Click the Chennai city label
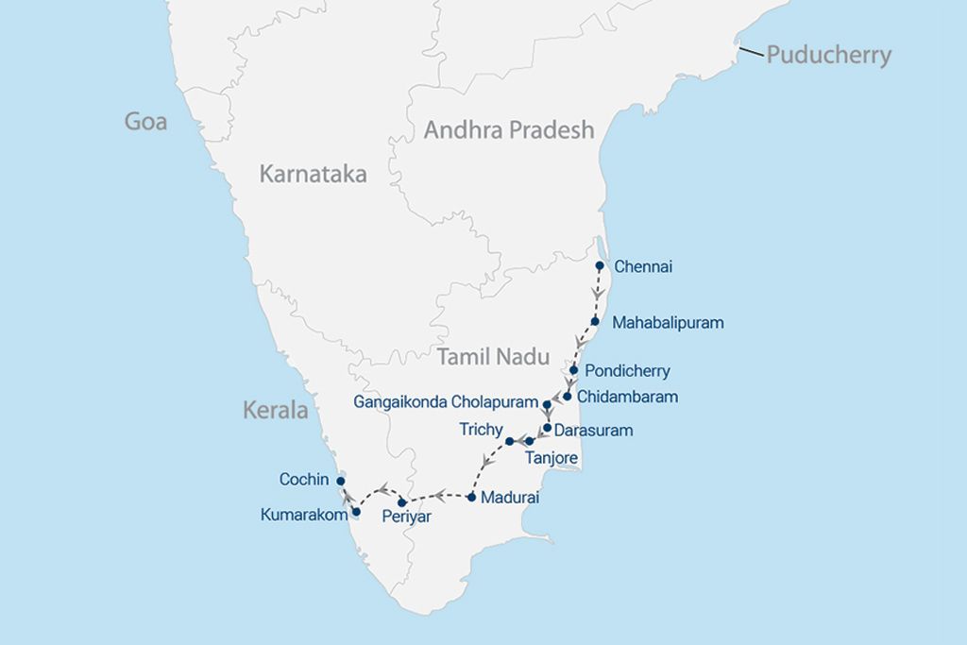(643, 267)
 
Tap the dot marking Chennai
(600, 266)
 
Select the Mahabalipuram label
(668, 323)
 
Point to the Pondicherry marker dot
(573, 369)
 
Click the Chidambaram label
(627, 397)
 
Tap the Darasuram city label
(593, 431)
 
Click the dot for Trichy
(510, 441)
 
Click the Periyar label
(406, 518)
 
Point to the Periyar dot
(402, 501)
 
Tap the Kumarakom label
(303, 515)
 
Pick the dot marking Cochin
(341, 481)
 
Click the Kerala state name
(276, 411)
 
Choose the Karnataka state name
(313, 174)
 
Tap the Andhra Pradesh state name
(509, 129)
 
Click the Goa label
(146, 122)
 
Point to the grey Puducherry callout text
(828, 55)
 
